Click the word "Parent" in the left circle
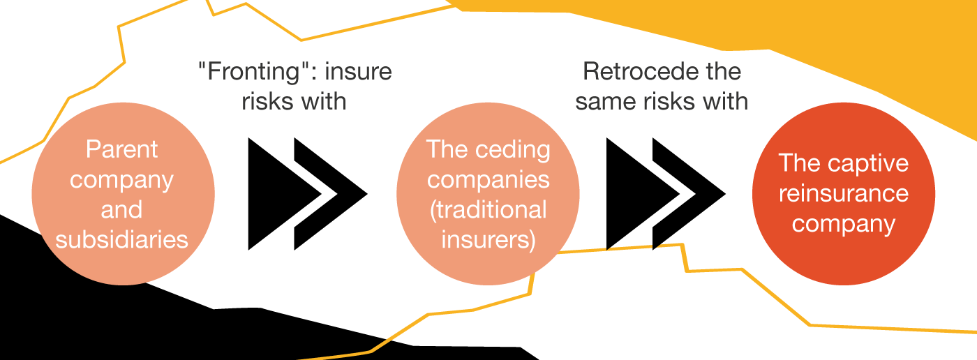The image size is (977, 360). pyautogui.click(x=122, y=149)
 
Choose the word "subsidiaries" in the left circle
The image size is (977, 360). pyautogui.click(x=122, y=240)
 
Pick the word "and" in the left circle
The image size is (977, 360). pyautogui.click(x=122, y=209)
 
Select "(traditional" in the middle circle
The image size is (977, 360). pyautogui.click(x=488, y=209)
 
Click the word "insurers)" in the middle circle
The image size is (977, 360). pyautogui.click(x=488, y=240)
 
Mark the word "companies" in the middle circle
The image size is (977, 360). pyautogui.click(x=488, y=179)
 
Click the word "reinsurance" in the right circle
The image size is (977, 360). pyautogui.click(x=843, y=193)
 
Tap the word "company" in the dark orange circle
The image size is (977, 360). pyautogui.click(x=843, y=224)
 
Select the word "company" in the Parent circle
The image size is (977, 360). pyautogui.click(x=122, y=179)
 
